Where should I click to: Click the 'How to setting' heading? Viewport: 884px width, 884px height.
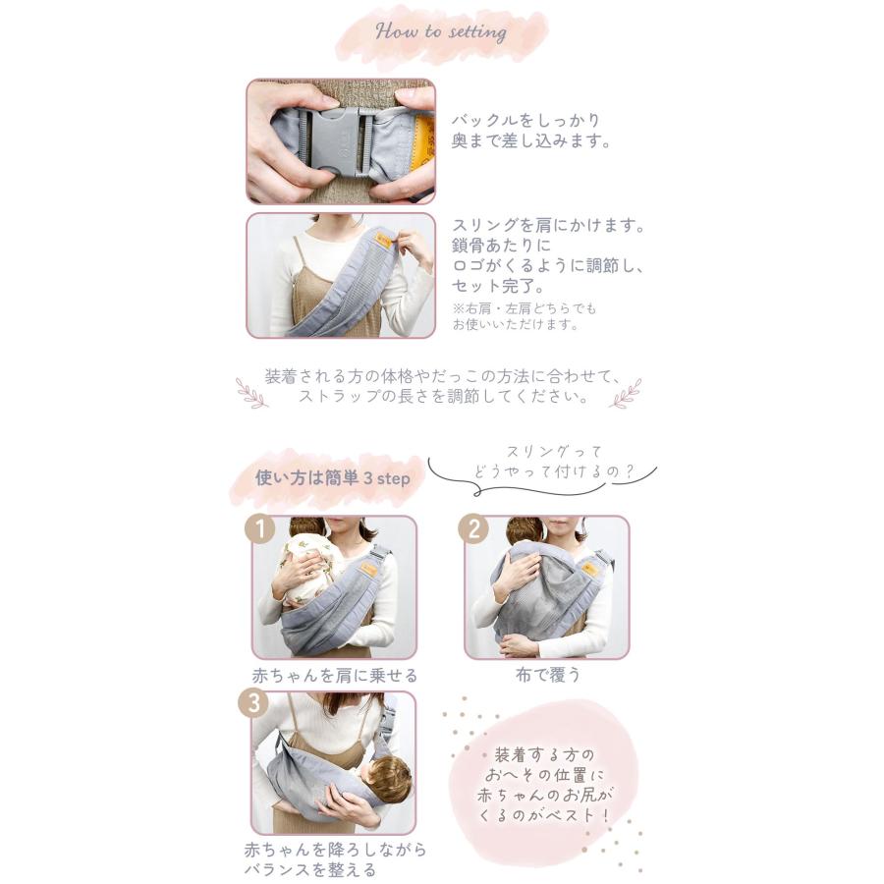[x=441, y=31]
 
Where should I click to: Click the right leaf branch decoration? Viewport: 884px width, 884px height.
[x=625, y=393]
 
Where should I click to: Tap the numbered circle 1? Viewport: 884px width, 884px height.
[x=259, y=529]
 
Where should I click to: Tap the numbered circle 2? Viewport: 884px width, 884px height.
[x=473, y=529]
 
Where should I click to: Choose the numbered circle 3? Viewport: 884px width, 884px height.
[x=252, y=704]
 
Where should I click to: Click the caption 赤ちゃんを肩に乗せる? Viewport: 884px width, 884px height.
[x=335, y=676]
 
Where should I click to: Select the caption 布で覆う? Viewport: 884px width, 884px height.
[x=548, y=675]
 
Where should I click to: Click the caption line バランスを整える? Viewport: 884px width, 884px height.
[x=309, y=869]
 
